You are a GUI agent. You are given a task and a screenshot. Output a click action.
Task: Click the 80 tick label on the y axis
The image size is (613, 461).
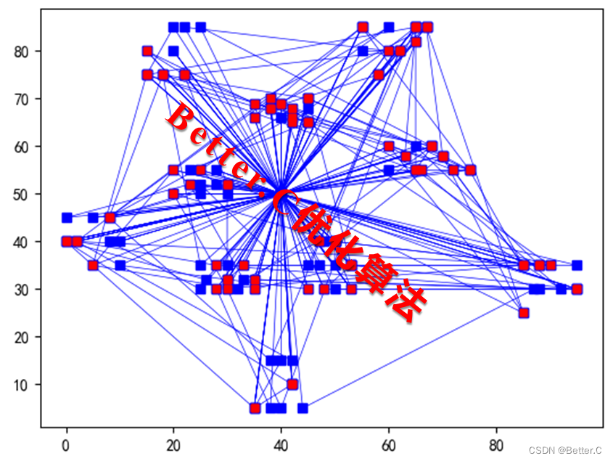pyautogui.click(x=21, y=52)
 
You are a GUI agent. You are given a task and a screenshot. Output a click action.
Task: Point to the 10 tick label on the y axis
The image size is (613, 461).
pyautogui.click(x=21, y=385)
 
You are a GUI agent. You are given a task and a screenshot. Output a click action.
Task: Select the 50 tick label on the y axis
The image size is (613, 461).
pyautogui.click(x=21, y=195)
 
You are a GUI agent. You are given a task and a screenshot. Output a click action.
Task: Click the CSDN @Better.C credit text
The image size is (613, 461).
pyautogui.click(x=565, y=451)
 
